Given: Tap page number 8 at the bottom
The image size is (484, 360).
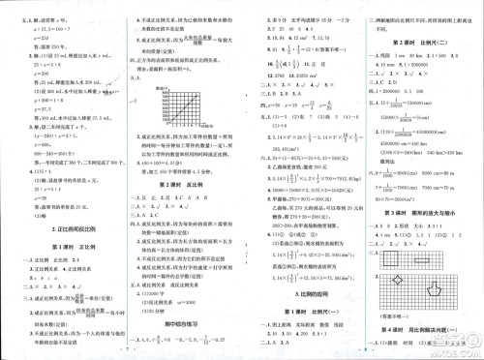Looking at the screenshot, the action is [x=360, y=352].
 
